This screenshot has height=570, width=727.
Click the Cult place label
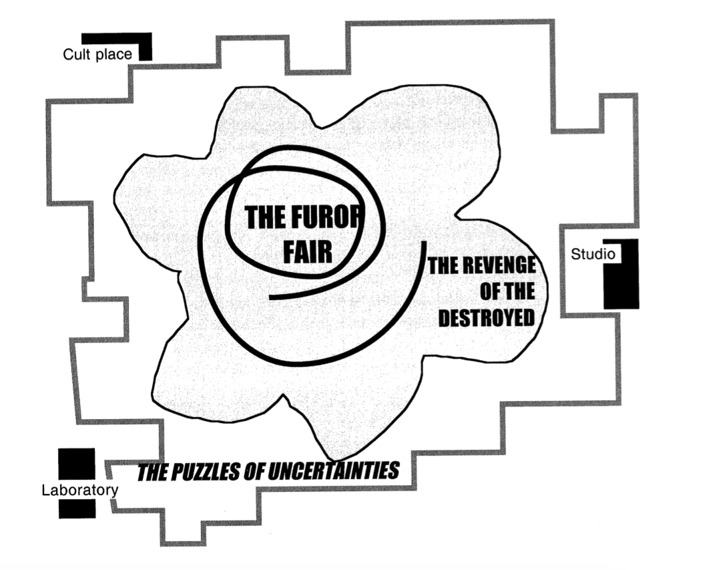pos(97,54)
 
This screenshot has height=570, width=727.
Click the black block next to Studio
pos(622,281)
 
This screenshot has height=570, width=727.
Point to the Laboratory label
pos(79,490)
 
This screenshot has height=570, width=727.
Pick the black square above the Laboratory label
pos(76,464)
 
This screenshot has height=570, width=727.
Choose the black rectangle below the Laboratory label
pos(77,509)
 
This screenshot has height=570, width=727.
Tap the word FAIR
pos(307,253)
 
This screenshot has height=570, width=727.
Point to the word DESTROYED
pos(487,317)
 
